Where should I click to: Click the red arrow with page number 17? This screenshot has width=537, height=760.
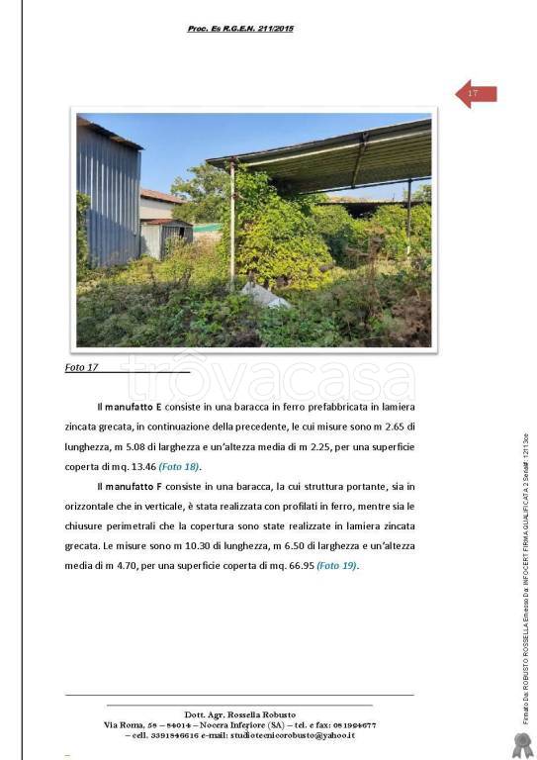point(476,94)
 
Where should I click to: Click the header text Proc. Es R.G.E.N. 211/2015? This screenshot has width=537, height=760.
point(240,29)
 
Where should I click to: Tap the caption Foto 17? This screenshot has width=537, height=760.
point(82,367)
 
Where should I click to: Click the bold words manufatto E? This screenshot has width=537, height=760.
point(134,407)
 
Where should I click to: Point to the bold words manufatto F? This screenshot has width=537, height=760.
point(134,486)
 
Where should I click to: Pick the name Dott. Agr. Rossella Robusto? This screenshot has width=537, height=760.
point(239,714)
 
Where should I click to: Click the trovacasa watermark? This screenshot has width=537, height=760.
point(267,379)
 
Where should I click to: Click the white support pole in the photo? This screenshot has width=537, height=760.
point(232,228)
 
